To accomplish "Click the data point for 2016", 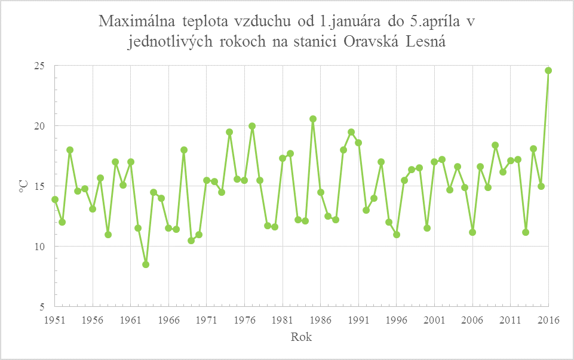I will pos(548,70).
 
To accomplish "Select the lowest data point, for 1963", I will pos(146,264).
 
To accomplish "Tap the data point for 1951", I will pos(55,199).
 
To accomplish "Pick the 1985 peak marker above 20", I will pos(313,119).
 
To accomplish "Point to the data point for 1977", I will pos(252,126).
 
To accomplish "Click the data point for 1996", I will pos(397,235).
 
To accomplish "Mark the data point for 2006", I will pos(472,232).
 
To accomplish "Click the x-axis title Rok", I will pos(301,337).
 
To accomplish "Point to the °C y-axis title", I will pos(23,186).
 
